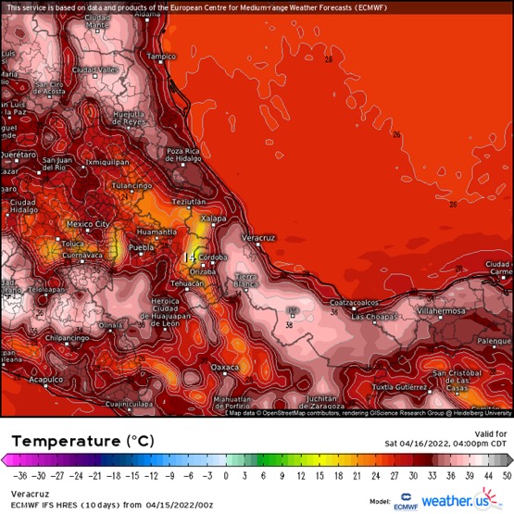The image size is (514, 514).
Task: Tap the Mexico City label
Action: click(88, 224)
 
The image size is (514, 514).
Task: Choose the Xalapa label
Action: click(214, 217)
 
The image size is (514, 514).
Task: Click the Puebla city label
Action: click(141, 248)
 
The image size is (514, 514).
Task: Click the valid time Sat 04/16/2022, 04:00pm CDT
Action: click(446, 444)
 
